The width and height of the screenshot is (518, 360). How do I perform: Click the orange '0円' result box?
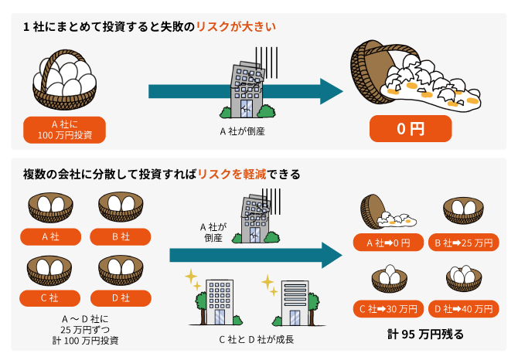click(410, 128)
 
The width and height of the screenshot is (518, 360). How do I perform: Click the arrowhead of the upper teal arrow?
click(330, 91)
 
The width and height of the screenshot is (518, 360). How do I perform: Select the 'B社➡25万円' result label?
click(464, 244)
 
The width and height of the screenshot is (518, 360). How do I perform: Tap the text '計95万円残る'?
click(426, 335)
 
